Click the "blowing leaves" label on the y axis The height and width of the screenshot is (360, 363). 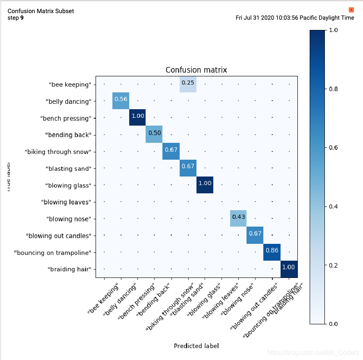tap(66, 202)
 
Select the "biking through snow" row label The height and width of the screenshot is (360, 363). tap(57, 152)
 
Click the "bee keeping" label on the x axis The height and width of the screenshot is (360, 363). tap(104, 298)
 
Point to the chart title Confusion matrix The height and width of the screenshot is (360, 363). tap(196, 70)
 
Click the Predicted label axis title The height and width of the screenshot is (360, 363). tap(196, 346)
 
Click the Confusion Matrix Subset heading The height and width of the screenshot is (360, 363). tap(41, 11)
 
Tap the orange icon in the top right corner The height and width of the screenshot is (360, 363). tap(351, 9)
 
